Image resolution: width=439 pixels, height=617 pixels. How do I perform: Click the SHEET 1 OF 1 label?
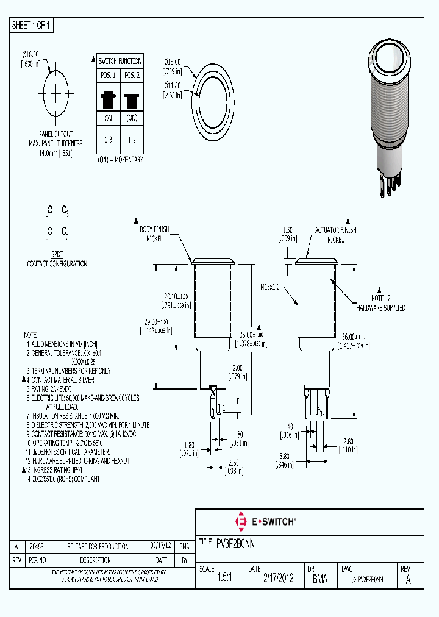coord(32,26)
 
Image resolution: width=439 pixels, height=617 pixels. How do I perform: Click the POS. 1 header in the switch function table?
coord(109,75)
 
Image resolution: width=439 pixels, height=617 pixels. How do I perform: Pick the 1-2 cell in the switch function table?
coord(131,140)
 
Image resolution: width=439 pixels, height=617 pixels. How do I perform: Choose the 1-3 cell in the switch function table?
coord(109,140)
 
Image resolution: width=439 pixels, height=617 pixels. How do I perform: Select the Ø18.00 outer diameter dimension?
coord(173,62)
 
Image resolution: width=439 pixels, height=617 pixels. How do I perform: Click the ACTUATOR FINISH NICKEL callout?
coord(335,235)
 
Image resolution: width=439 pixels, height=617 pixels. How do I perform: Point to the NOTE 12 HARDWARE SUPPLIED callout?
coord(380,303)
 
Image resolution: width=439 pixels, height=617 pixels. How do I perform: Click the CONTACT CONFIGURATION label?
coord(57,264)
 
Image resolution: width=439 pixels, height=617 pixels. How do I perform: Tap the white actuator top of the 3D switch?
coord(388,60)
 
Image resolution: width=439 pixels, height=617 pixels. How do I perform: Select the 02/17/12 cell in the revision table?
coord(160,546)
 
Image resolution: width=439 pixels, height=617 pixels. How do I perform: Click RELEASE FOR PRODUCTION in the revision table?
coord(98,546)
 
